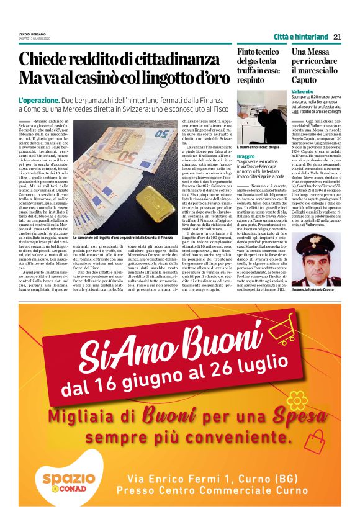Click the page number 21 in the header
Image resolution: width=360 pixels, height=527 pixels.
[x=337, y=37]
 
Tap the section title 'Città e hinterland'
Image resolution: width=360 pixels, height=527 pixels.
[x=301, y=37]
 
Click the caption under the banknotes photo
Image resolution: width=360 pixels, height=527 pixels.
[x=124, y=237]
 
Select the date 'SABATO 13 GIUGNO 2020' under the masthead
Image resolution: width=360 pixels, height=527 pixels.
[x=35, y=38]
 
